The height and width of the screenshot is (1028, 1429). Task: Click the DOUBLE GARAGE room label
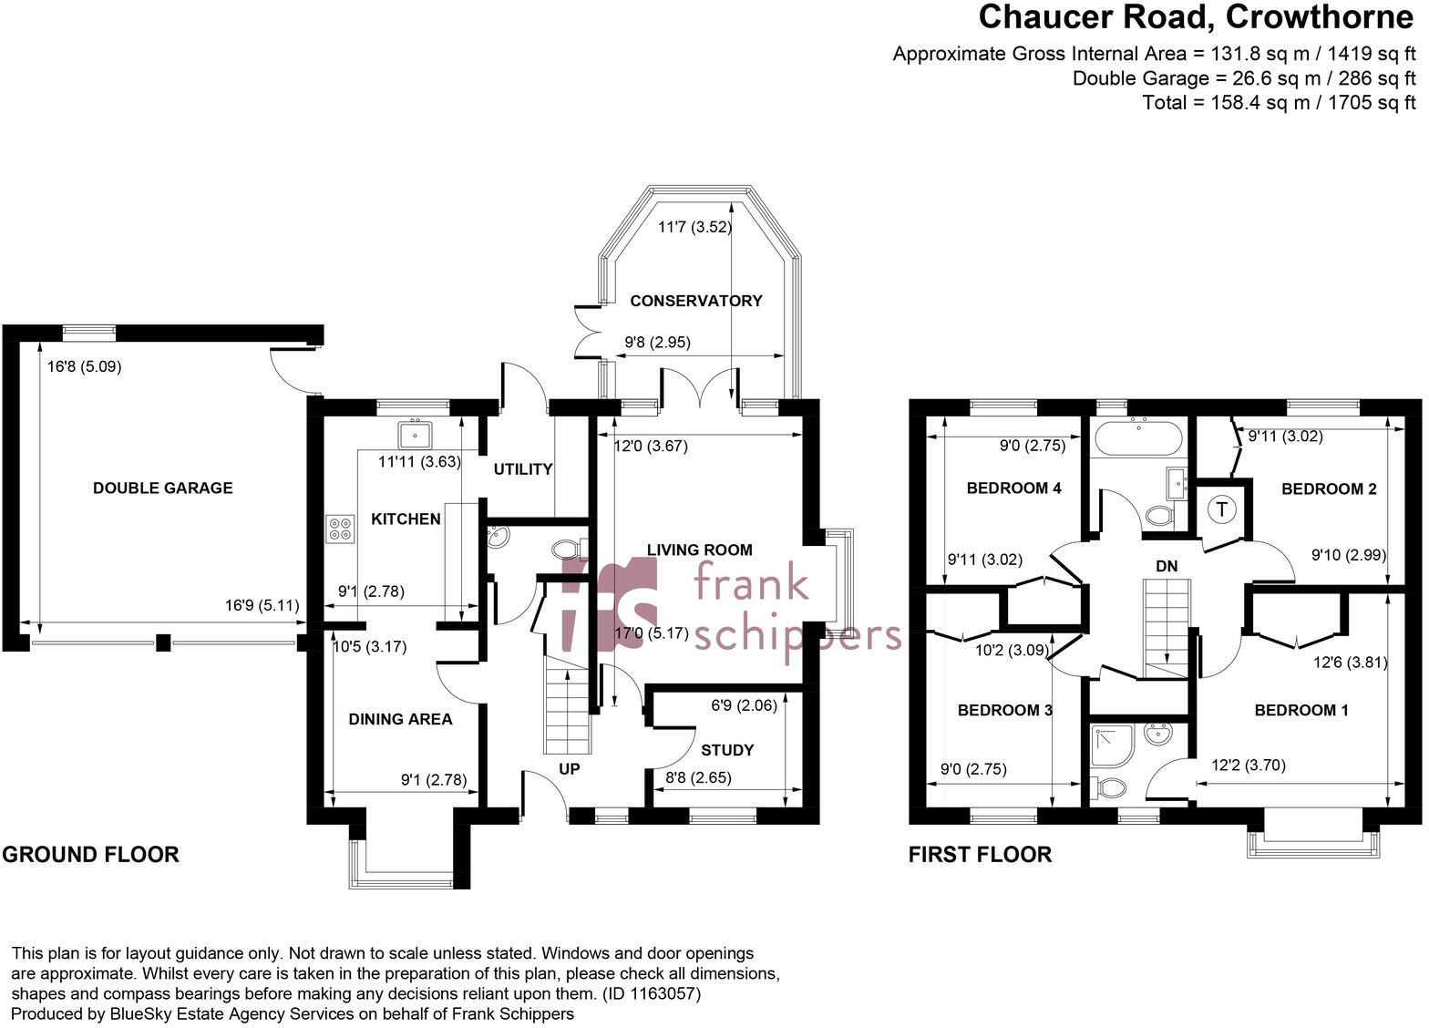click(x=162, y=488)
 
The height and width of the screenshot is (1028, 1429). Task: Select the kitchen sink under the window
click(x=415, y=430)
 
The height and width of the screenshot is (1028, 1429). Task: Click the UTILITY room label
click(x=522, y=469)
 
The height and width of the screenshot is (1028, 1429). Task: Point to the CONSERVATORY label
click(x=695, y=301)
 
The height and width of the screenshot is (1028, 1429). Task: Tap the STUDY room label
click(x=726, y=750)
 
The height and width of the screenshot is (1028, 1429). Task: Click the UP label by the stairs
click(x=569, y=769)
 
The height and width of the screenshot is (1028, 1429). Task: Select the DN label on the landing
click(x=1167, y=566)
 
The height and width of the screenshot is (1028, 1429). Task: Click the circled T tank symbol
click(x=1221, y=509)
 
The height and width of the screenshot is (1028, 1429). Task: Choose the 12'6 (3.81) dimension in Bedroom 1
click(x=1350, y=663)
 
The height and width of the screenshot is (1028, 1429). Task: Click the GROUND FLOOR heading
click(x=90, y=855)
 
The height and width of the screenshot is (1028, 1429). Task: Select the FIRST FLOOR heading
click(x=980, y=855)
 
